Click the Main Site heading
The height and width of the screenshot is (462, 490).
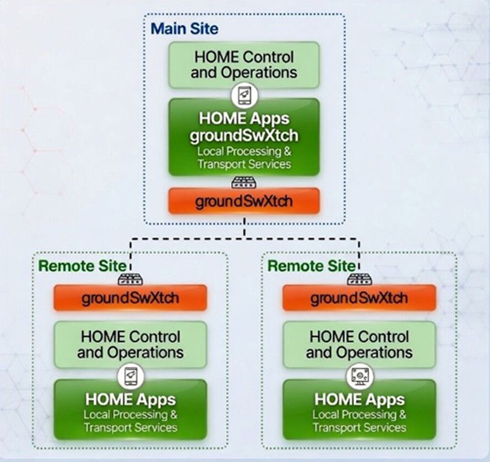(x=184, y=28)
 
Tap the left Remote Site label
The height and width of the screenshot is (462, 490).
(x=82, y=266)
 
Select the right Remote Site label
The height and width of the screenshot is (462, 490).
(x=311, y=266)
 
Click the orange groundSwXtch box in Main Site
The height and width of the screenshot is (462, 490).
(x=244, y=201)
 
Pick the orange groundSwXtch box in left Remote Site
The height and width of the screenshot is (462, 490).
(x=130, y=298)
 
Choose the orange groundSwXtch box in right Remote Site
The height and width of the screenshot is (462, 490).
(x=359, y=298)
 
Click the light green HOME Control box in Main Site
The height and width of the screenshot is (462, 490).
(x=244, y=65)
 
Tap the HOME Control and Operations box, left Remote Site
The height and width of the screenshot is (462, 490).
(x=130, y=344)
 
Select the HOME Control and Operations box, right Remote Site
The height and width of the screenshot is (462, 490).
(x=359, y=344)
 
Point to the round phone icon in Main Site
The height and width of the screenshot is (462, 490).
(x=244, y=96)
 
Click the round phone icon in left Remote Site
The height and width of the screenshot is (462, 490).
(x=130, y=376)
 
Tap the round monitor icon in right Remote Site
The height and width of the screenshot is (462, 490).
(x=359, y=376)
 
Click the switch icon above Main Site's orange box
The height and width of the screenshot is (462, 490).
(x=244, y=182)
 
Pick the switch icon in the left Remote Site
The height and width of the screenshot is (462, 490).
(x=130, y=279)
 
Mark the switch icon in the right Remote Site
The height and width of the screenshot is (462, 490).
(x=359, y=279)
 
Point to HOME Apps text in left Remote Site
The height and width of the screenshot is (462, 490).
(x=130, y=400)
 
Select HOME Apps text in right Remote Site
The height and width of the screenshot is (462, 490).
(x=359, y=400)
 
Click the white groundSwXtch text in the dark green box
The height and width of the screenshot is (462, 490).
(x=244, y=135)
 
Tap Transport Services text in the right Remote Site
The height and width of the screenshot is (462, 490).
(x=359, y=428)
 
